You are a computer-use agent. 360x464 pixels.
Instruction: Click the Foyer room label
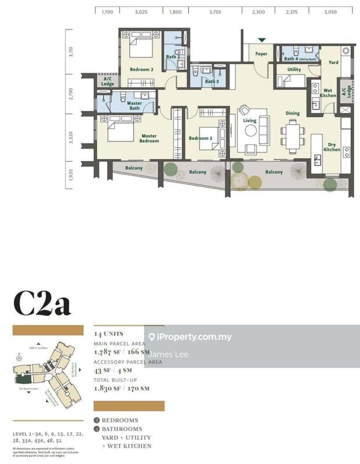(261, 54)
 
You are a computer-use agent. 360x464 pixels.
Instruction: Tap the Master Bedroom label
(149, 139)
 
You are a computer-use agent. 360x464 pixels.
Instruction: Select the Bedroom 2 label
(141, 70)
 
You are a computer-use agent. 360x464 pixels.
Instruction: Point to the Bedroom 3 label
(199, 138)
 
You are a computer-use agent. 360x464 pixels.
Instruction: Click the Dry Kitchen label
(331, 147)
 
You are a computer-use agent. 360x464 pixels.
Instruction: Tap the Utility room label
(293, 70)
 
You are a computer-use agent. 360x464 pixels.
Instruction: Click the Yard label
(333, 62)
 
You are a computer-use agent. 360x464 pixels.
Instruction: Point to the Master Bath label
(134, 106)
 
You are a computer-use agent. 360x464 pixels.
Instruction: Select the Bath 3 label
(211, 82)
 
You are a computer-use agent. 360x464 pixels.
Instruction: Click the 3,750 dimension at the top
(215, 11)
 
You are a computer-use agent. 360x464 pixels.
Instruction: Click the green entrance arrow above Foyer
(262, 40)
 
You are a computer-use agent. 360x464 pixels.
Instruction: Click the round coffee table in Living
(250, 130)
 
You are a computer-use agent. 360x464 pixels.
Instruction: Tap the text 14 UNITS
(108, 335)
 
